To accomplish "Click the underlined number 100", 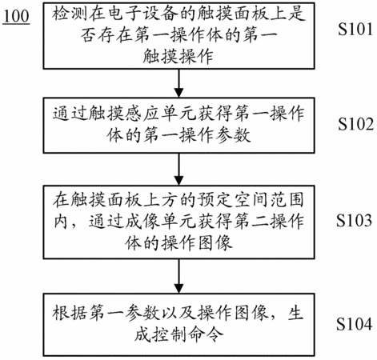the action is point(16,17).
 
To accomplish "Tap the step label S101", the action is point(355,29).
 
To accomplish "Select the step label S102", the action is point(355,124).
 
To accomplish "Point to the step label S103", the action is point(354,220).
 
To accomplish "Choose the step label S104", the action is point(354,324).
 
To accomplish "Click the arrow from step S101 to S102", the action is point(178,83).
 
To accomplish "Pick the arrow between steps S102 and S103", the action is point(178,169).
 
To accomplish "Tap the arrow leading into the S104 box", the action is point(178,276).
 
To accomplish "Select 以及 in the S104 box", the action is point(178,313).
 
